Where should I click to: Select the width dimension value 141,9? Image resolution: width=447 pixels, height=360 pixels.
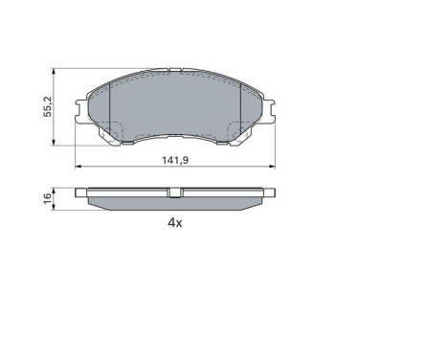[x=175, y=160]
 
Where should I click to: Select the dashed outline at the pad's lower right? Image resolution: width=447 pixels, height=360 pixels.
[x=236, y=131]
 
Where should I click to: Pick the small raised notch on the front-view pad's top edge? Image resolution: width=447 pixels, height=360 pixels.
[x=175, y=69]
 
